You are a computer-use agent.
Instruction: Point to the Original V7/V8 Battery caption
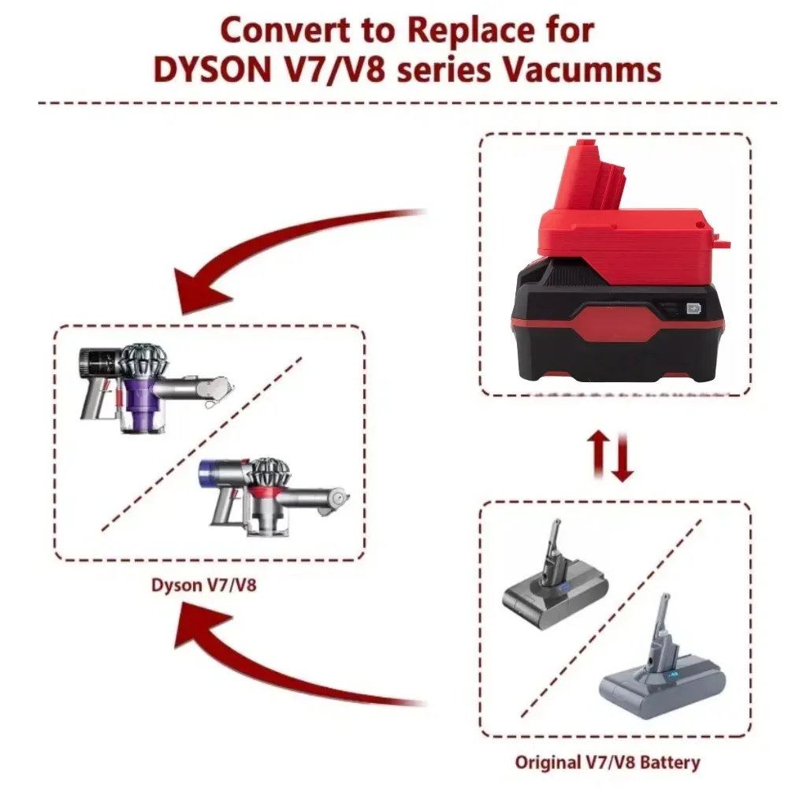(608, 762)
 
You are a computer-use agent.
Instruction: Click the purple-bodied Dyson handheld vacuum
(154, 386)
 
